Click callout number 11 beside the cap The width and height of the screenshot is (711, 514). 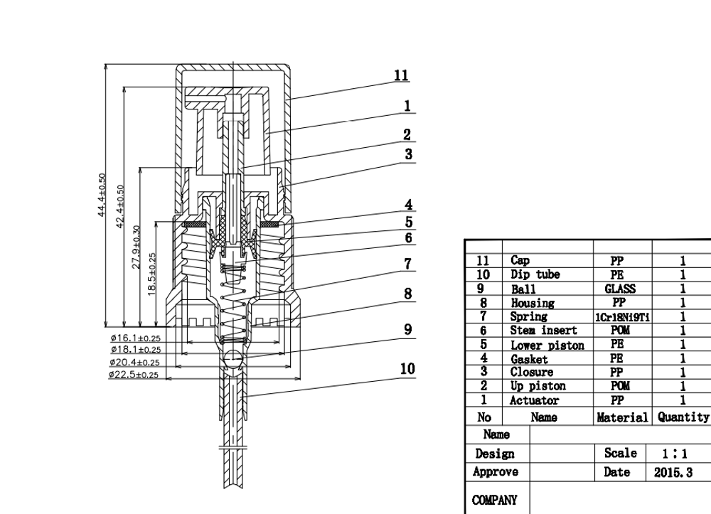(401, 75)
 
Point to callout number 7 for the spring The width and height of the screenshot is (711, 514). (407, 264)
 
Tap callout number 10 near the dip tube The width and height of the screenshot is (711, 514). (407, 369)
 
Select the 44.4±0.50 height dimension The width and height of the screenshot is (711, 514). (102, 195)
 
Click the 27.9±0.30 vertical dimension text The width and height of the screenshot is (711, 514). (136, 247)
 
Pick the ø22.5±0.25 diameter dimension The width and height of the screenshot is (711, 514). (134, 375)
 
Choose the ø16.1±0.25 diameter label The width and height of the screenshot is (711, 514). (136, 338)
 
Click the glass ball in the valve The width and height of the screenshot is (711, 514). (233, 358)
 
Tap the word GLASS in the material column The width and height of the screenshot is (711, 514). (620, 289)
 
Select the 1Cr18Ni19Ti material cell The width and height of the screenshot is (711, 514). (622, 317)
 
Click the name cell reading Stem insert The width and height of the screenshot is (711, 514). (543, 331)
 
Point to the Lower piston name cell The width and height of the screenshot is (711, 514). (547, 346)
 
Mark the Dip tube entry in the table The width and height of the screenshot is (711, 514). (535, 274)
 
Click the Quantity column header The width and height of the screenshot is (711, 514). (683, 417)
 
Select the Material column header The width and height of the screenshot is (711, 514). (622, 417)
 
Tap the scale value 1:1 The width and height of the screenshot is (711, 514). (674, 454)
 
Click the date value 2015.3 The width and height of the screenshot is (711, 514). (673, 473)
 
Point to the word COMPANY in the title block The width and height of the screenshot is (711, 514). (494, 500)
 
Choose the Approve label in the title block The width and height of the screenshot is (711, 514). (495, 472)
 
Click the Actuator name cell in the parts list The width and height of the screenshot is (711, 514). (534, 401)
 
